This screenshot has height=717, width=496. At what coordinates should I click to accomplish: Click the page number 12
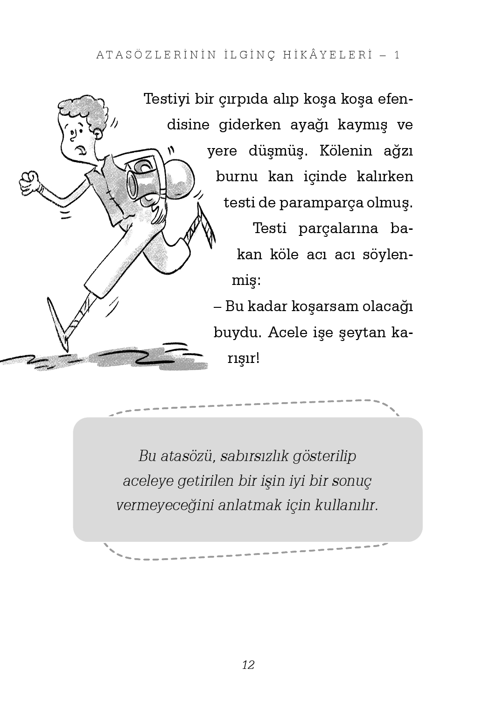point(248,665)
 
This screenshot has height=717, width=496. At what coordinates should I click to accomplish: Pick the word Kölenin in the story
point(340,151)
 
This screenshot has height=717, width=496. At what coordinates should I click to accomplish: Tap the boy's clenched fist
point(29,181)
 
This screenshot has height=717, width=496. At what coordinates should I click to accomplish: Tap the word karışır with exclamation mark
point(243,358)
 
